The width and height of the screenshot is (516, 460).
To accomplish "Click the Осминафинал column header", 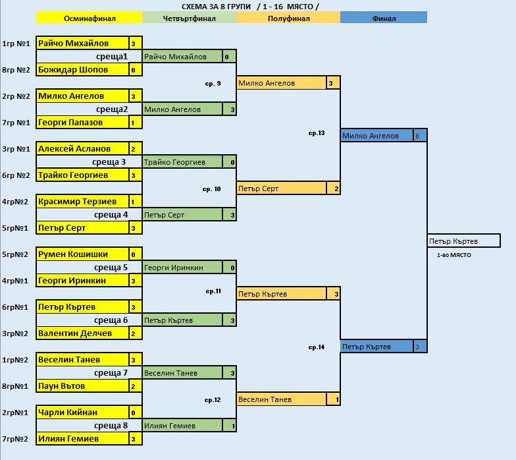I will click(89, 18).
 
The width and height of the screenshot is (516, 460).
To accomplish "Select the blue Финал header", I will click(384, 18).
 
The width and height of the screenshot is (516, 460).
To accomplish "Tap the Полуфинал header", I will click(288, 18).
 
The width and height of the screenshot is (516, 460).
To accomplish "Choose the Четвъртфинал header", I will click(188, 18).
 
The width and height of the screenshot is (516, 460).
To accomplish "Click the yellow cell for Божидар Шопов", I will click(82, 70).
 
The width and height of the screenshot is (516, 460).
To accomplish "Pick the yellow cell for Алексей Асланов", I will click(82, 149).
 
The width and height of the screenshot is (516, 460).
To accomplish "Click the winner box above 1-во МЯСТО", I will click(463, 241).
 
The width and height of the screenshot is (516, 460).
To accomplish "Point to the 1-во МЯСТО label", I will click(454, 255).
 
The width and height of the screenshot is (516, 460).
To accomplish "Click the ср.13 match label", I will click(317, 133).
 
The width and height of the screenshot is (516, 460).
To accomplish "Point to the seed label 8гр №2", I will click(16, 70).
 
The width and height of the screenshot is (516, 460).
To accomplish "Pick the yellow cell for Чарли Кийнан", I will click(82, 413).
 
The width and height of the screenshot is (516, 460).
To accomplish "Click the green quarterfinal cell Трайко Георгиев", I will click(182, 162).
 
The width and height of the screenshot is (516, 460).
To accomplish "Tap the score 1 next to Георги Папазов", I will click(133, 123).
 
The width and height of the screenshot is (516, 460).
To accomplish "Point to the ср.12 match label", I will click(213, 399).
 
